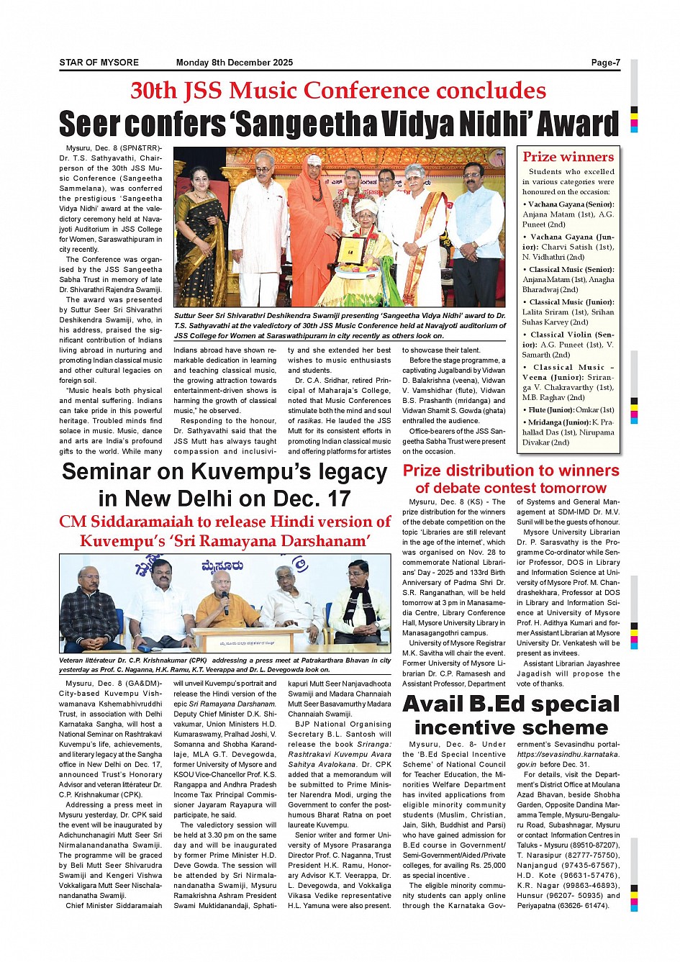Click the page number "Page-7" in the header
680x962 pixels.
(605, 63)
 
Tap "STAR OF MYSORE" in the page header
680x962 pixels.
(99, 63)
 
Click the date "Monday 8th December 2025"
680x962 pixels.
(234, 63)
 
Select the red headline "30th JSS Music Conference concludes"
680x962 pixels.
(338, 91)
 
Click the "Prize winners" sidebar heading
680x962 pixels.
(568, 157)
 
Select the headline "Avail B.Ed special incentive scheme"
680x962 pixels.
(511, 715)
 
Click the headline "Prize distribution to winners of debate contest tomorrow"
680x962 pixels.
(511, 478)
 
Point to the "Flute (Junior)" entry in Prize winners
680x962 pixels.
(568, 410)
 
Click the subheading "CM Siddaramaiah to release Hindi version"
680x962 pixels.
(225, 522)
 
